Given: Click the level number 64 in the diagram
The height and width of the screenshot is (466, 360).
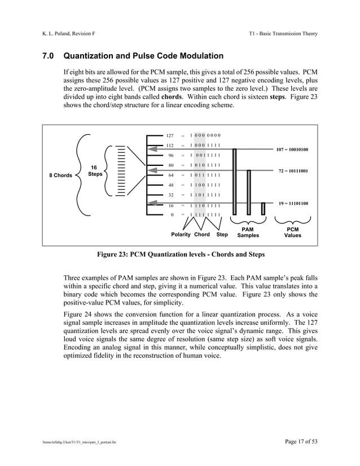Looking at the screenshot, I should point(170,175).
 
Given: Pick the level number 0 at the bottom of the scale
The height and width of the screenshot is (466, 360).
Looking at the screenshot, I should point(172,214).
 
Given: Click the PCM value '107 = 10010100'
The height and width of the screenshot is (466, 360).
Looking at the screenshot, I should point(292,150).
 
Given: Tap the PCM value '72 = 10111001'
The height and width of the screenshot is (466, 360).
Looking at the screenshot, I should point(293,170).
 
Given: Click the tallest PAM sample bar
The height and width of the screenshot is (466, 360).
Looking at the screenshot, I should point(234,181).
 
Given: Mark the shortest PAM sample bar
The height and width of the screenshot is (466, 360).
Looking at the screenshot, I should point(263,208).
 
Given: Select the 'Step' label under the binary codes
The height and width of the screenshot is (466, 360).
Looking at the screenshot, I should point(222,234).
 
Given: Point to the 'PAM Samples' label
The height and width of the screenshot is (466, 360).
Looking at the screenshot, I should point(248,232).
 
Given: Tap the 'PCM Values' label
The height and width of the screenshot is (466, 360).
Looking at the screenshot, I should point(292,232).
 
